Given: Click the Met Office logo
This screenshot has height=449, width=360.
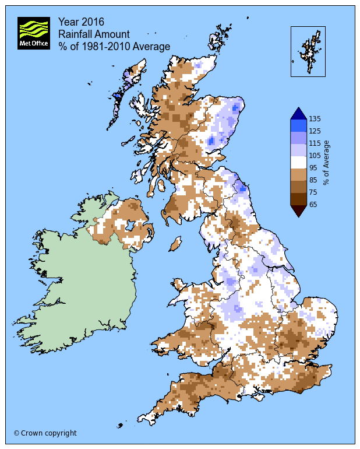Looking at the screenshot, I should coord(34,33).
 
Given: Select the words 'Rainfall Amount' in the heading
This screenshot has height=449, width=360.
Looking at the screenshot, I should coord(94,34).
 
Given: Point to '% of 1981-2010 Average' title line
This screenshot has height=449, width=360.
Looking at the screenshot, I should coord(114,47).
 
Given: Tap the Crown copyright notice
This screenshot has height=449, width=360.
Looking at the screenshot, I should coord(45,433).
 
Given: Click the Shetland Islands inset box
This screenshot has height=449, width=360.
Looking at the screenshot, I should coord(308,51).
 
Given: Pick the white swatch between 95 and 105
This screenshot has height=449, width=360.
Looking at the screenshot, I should coord(298,162).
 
